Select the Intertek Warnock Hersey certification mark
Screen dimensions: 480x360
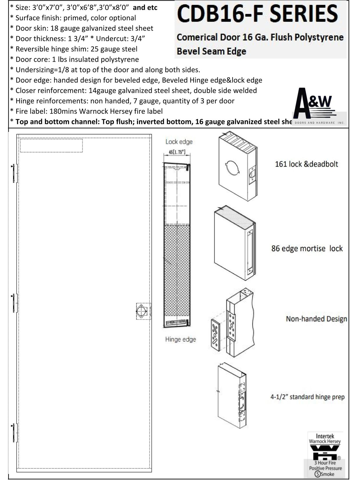click(x=325, y=454)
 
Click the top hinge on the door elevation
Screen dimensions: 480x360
click(x=14, y=173)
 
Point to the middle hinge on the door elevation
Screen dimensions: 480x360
click(x=14, y=303)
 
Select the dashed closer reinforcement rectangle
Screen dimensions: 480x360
click(x=51, y=145)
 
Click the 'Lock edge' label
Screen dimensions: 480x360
click(x=179, y=142)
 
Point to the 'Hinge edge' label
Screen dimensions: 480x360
click(x=180, y=339)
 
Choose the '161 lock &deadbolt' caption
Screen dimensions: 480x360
click(x=306, y=164)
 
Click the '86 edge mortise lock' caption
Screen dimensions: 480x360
click(x=307, y=249)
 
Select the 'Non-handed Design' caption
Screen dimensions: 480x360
click(x=316, y=319)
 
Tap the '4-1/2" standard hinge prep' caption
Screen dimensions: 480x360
click(x=307, y=397)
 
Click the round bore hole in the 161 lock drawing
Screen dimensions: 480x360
click(x=232, y=168)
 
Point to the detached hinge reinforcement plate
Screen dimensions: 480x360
click(x=215, y=336)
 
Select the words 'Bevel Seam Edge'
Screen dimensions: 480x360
click(x=211, y=51)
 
